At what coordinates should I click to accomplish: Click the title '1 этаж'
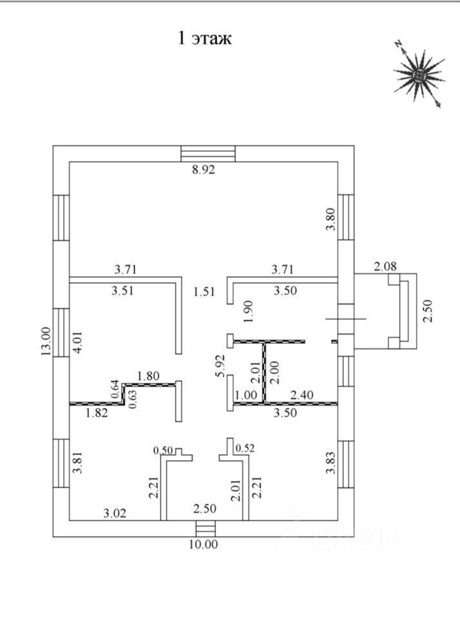click(x=204, y=39)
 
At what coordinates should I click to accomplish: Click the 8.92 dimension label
click(x=203, y=169)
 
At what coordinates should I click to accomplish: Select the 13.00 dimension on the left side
click(x=46, y=341)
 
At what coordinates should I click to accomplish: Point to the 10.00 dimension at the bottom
click(x=203, y=545)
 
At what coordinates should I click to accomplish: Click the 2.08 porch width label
click(x=385, y=267)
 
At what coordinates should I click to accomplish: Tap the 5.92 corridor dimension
click(x=220, y=366)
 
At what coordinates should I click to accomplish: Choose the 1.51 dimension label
click(x=204, y=292)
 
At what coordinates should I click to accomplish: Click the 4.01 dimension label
click(x=78, y=342)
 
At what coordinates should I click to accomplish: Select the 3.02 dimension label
click(x=115, y=513)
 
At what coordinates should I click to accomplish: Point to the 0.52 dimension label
click(x=245, y=448)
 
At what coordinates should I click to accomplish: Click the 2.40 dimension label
click(x=302, y=395)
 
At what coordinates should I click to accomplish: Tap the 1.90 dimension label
click(x=248, y=312)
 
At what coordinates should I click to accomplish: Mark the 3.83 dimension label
click(x=331, y=463)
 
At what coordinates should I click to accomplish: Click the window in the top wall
click(x=208, y=154)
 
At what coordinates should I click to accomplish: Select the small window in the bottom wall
click(x=206, y=529)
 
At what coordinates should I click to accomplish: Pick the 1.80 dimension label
click(x=148, y=375)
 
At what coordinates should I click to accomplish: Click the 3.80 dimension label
click(x=331, y=220)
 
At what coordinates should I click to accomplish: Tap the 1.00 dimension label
click(x=245, y=395)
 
